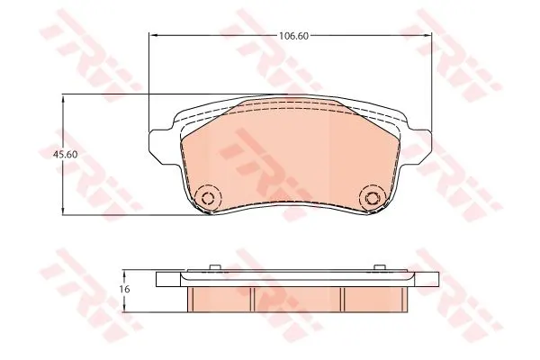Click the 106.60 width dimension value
tap(293, 36)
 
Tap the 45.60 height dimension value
tap(65, 155)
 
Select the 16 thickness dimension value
tap(125, 289)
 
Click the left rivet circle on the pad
tap(207, 198)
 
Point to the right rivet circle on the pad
tap(371, 198)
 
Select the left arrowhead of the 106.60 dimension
tap(153, 35)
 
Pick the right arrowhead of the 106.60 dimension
tap(427, 35)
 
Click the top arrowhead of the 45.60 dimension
tap(62, 99)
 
